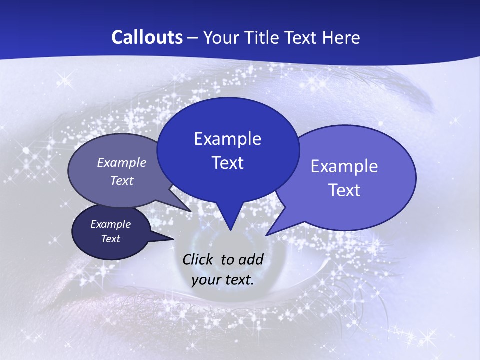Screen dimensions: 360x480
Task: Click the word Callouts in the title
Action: tap(147, 37)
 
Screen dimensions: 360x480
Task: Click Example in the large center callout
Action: tap(227, 139)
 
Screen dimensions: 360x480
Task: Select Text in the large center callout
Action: tap(227, 163)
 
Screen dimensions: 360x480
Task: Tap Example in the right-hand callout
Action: tap(344, 166)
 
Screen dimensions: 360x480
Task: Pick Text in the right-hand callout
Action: tap(344, 190)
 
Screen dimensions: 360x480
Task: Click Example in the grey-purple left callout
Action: tap(121, 163)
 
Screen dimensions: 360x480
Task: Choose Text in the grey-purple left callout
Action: tap(121, 180)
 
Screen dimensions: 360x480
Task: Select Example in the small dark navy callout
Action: tap(110, 224)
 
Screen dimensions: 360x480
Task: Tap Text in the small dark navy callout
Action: tap(110, 239)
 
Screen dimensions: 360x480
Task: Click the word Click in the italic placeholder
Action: tap(199, 259)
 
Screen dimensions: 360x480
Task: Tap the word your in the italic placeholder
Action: tap(206, 280)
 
